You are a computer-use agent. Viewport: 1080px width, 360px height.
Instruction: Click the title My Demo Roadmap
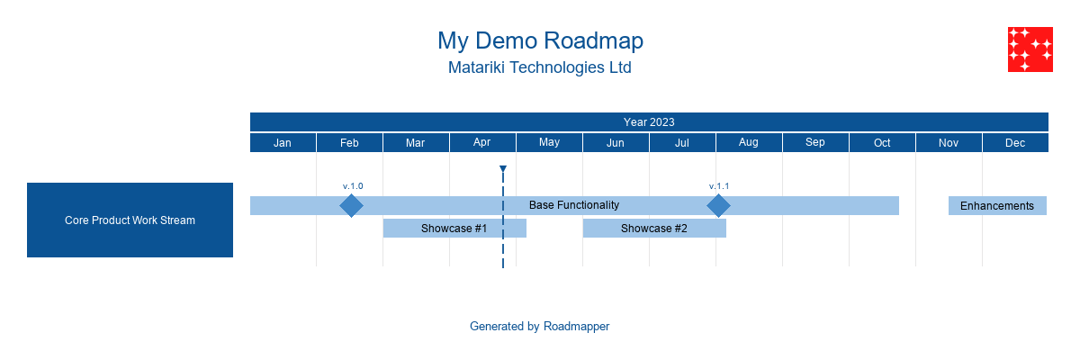(x=540, y=40)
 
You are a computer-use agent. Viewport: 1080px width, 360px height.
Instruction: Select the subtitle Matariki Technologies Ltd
(x=540, y=67)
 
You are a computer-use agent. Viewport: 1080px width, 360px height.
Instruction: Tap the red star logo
(x=1030, y=49)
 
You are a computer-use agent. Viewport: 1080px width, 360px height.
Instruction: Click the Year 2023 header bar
(x=649, y=122)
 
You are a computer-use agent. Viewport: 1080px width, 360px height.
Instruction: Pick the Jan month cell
(x=283, y=143)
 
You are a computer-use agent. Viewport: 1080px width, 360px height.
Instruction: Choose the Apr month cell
(x=482, y=143)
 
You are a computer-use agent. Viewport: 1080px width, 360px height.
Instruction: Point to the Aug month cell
(x=749, y=143)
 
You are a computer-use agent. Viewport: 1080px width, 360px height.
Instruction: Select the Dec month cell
(x=1015, y=143)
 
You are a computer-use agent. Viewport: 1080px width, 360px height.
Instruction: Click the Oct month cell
(x=882, y=143)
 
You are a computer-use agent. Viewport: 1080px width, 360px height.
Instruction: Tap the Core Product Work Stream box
(x=130, y=220)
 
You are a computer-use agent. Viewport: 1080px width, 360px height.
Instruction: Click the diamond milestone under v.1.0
(x=351, y=206)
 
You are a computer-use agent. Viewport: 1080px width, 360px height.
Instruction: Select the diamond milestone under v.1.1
(x=718, y=206)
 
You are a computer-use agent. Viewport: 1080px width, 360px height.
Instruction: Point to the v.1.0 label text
(x=353, y=186)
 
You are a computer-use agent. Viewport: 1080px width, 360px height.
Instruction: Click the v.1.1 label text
(x=719, y=186)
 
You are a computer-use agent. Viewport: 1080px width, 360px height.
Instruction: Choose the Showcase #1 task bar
(x=454, y=229)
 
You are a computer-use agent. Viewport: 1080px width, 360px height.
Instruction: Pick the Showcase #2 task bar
(x=654, y=229)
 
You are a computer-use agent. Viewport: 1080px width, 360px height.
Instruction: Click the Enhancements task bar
(x=997, y=206)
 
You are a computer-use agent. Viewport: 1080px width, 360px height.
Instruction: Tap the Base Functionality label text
(x=574, y=205)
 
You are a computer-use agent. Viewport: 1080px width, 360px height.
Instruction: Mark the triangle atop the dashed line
(x=503, y=169)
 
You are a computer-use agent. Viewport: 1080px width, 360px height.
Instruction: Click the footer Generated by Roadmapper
(x=540, y=327)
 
